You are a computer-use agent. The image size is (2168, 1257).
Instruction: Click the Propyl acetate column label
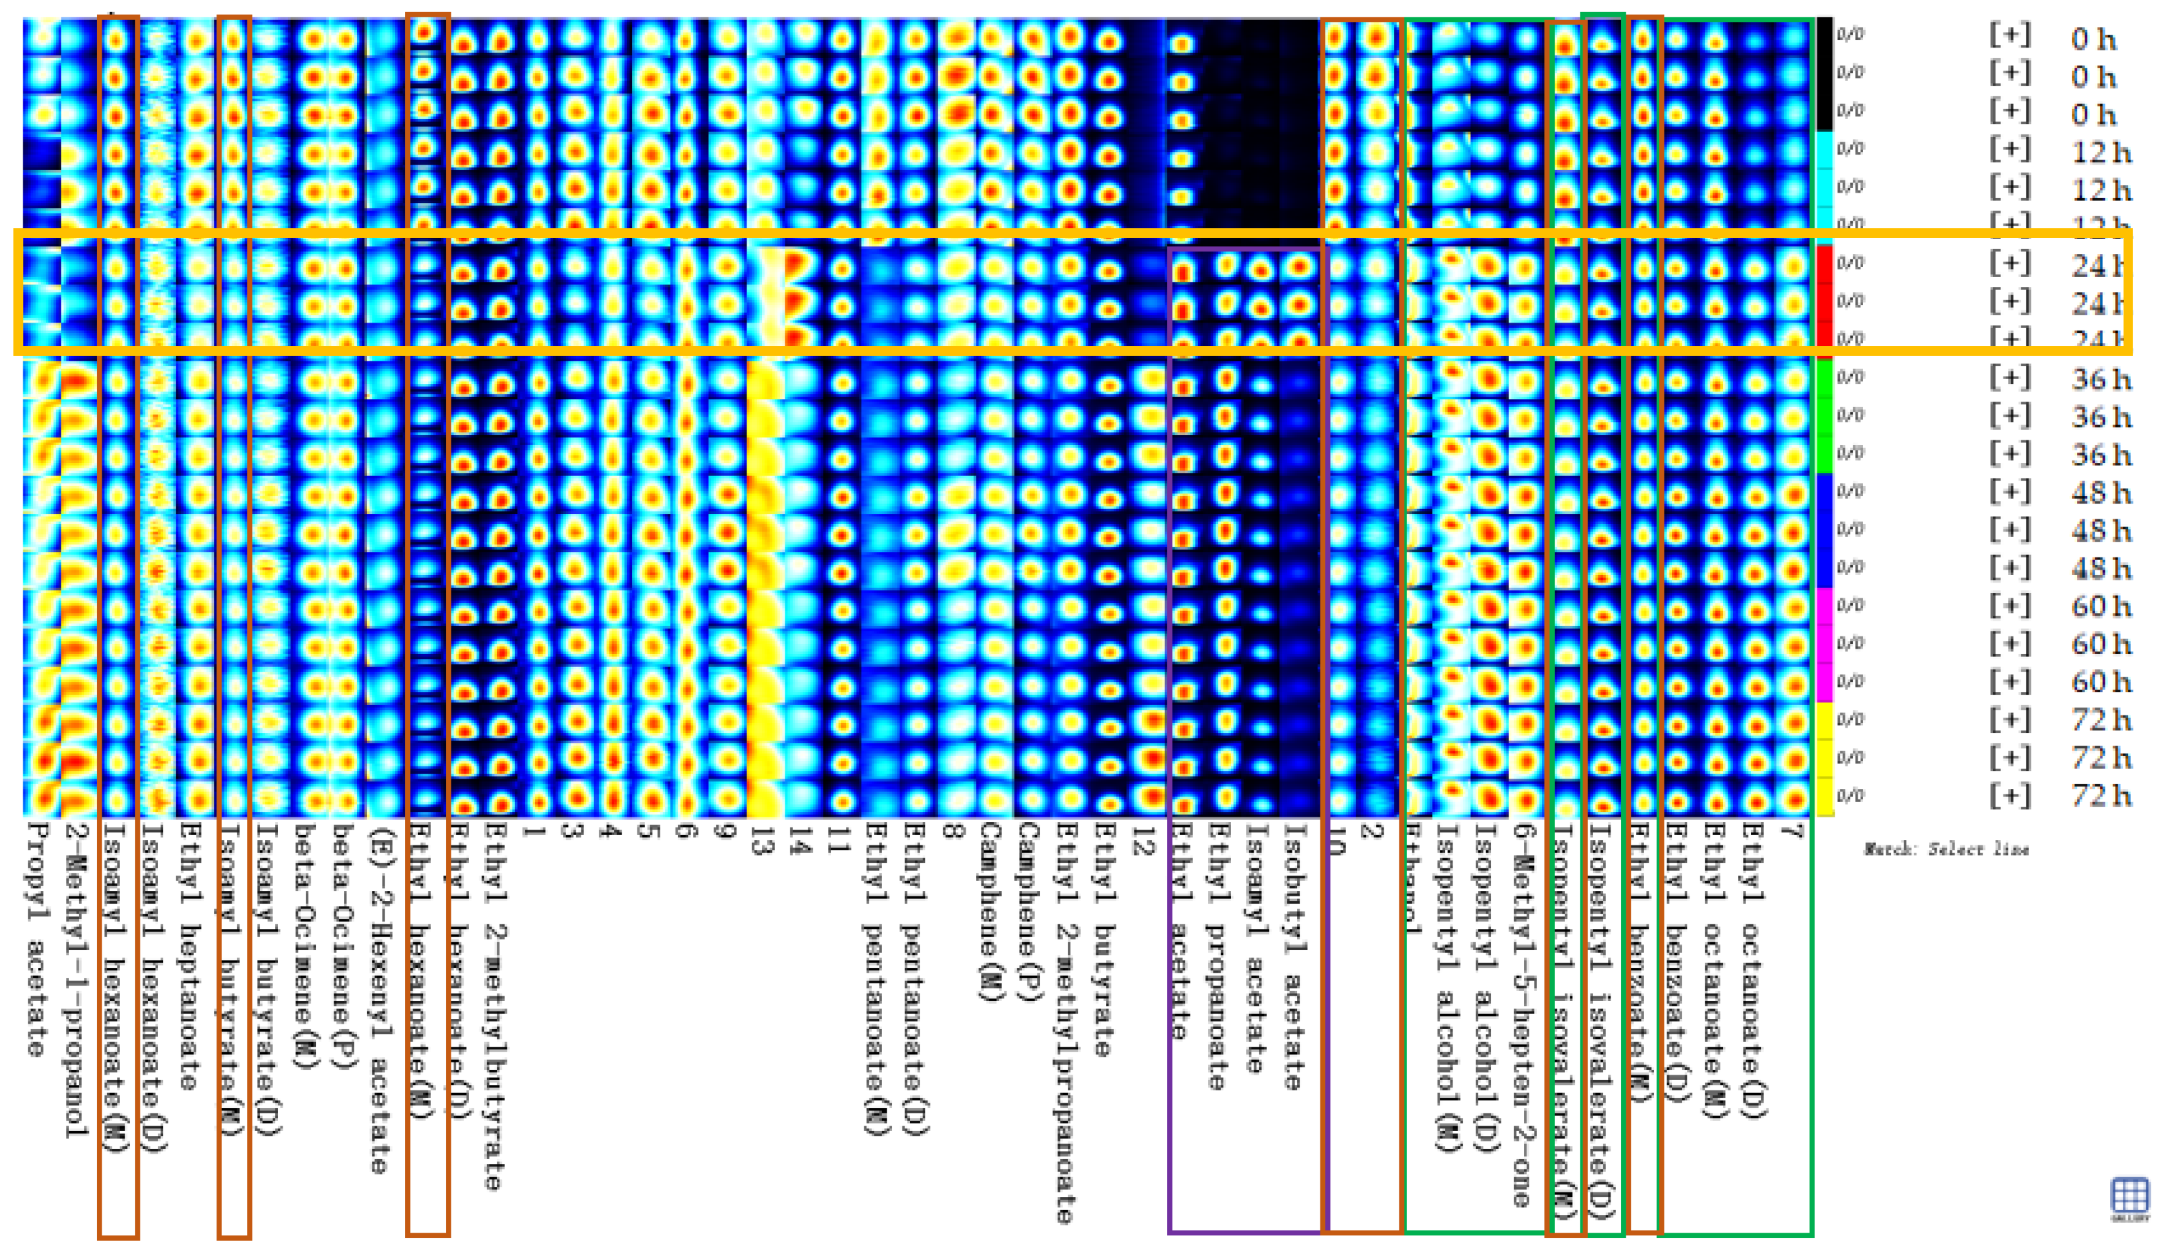coord(36,938)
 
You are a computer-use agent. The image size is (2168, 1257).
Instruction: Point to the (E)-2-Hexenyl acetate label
coord(379,998)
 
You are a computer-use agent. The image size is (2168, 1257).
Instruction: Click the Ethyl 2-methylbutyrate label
coord(494,1007)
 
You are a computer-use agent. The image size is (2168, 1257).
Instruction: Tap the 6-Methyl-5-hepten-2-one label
coord(1521,1015)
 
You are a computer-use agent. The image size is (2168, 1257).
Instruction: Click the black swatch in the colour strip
coord(1824,73)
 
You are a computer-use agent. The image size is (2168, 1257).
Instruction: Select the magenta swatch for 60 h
coord(1824,643)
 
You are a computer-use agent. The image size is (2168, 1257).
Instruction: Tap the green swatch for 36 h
coord(1824,416)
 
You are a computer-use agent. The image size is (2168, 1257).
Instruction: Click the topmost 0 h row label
coord(2093,38)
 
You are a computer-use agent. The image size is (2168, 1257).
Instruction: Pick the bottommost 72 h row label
coord(2100,796)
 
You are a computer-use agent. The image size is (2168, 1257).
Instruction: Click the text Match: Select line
coord(1946,849)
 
